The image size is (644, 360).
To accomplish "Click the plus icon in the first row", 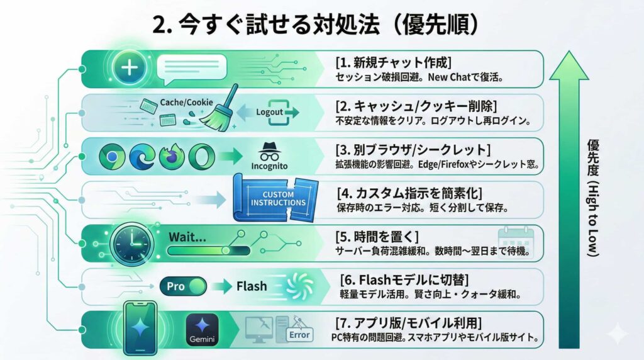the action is tap(130, 67).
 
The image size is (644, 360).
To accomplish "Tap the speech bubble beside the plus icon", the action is tap(192, 69).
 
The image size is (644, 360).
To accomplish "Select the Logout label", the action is tap(269, 112).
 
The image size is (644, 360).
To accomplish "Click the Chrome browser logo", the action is tap(112, 157).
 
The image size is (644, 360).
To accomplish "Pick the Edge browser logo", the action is tap(142, 157).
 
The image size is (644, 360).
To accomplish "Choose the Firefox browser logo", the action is tap(172, 157).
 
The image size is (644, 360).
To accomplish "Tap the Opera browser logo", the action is tap(202, 157).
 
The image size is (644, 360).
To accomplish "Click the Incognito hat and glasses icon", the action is tap(269, 152).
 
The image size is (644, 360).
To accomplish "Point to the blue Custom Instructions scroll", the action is tap(276, 198).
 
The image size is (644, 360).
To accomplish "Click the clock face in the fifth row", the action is tap(132, 244).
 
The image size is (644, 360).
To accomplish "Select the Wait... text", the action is tap(187, 237).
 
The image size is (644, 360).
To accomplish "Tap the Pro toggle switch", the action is tap(183, 286).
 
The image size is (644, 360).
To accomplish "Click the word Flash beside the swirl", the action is tap(252, 286).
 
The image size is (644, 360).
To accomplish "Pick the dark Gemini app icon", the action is tap(202, 330).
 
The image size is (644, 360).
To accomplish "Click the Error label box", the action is tap(299, 335).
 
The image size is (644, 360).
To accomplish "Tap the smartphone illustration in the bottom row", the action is tap(140, 328).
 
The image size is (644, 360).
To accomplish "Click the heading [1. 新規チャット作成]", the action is tap(394, 62).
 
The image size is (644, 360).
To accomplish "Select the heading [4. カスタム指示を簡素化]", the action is tap(409, 193).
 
